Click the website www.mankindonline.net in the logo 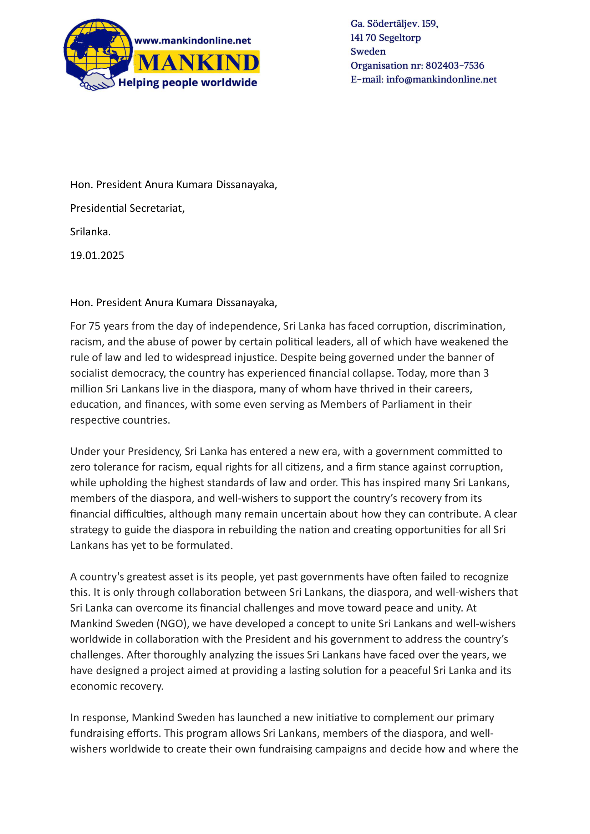tap(193, 41)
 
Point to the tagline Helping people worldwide tap(188, 83)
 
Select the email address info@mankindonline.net tap(441, 80)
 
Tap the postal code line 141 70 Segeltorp tap(386, 38)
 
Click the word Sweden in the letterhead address tap(368, 52)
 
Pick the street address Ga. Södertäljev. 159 tap(394, 24)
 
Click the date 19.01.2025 tap(97, 255)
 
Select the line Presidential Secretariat tap(127, 208)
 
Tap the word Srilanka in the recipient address tap(90, 232)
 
